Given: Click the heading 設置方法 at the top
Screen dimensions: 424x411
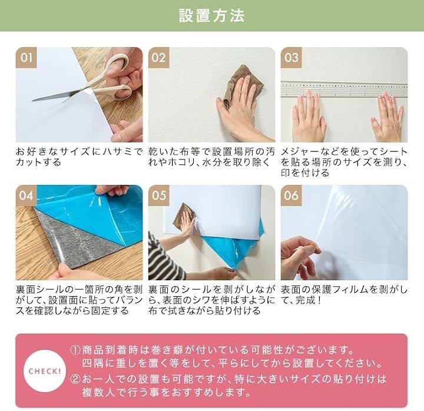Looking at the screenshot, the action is [212, 16].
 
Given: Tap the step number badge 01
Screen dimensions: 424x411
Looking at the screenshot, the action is [26, 58].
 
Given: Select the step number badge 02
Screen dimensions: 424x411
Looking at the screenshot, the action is [159, 58].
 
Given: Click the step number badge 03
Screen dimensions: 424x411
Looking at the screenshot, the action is [291, 58].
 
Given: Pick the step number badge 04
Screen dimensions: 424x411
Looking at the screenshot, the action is [26, 195].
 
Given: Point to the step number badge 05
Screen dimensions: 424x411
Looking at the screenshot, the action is [159, 195].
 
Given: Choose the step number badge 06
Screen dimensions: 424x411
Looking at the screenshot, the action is [291, 195].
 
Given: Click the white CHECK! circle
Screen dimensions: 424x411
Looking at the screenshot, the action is [45, 371].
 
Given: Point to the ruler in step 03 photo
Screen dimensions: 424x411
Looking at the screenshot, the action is [344, 89].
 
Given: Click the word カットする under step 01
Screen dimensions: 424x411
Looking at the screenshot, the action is [38, 163].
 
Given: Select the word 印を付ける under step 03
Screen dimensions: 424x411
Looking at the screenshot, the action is [305, 173].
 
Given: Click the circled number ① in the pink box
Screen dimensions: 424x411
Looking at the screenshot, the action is [75, 351].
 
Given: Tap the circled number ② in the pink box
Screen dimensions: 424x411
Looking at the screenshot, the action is [75, 379].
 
